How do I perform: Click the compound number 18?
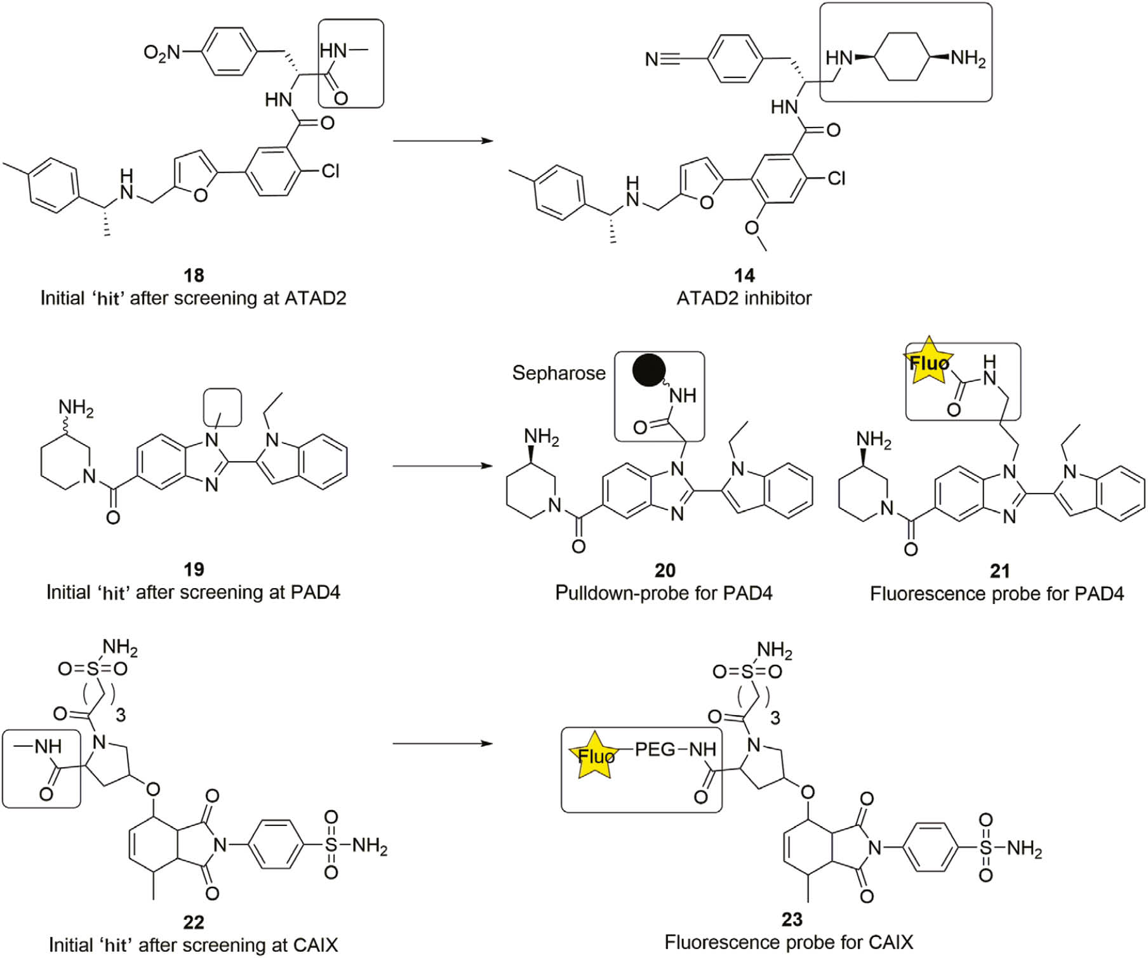coord(194,275)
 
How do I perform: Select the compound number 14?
coord(744,275)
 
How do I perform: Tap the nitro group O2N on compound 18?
coord(162,52)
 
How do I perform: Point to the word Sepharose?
coord(559,373)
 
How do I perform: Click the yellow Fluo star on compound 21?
coord(929,362)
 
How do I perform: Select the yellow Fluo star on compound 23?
coord(594,755)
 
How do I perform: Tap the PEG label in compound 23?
coord(655,750)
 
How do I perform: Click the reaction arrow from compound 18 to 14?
coord(443,140)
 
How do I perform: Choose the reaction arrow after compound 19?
coord(443,466)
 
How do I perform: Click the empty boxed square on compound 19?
coord(222,407)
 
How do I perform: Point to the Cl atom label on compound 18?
coord(330,171)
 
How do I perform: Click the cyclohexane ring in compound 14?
coord(902,58)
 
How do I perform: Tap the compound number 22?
coord(194,922)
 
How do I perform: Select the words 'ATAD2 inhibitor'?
coord(744,298)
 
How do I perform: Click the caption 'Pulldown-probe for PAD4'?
coord(664,593)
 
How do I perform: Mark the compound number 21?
coord(999,570)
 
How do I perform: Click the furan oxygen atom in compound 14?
coord(706,203)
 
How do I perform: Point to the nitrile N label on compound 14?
coord(651,60)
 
